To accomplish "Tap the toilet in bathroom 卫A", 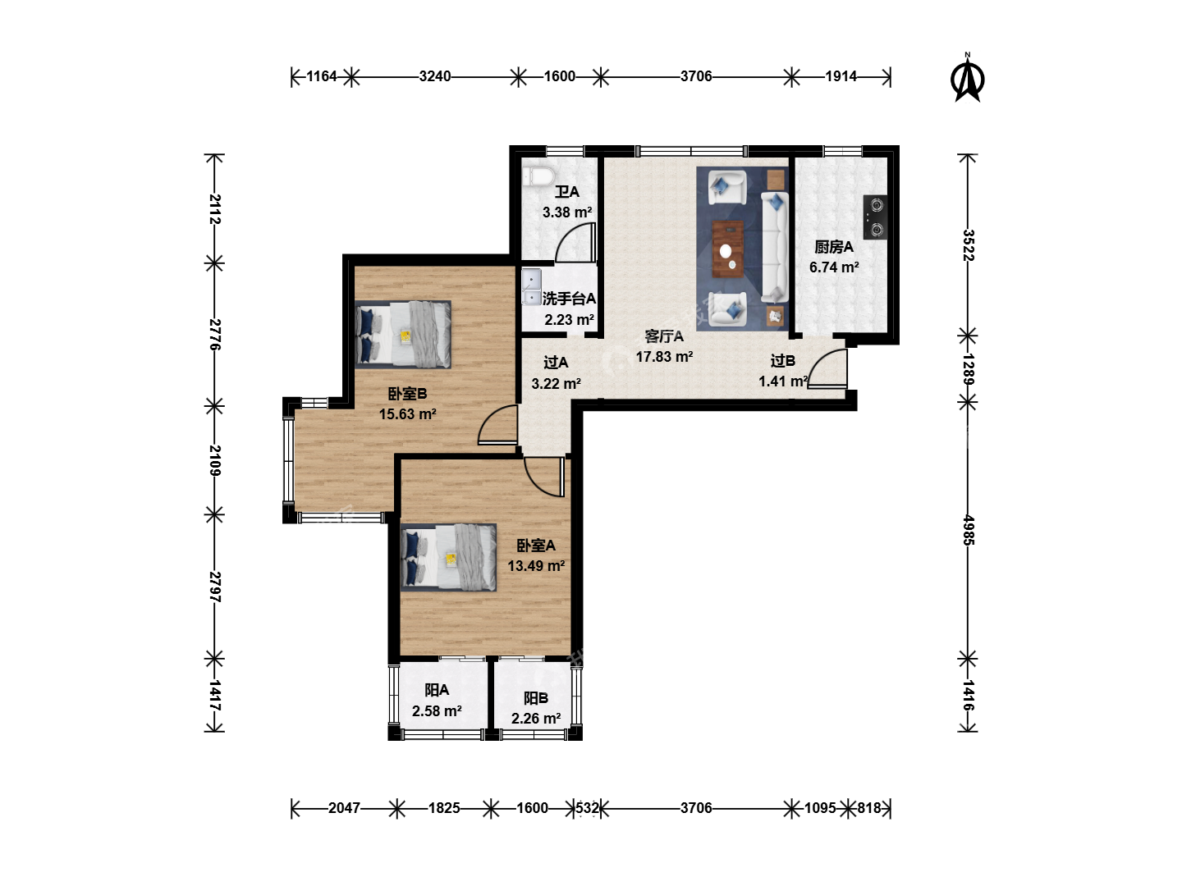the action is point(538,176).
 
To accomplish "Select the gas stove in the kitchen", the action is point(875,217).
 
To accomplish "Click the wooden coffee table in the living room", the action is point(728,249).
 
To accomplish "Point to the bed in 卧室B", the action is point(403,334).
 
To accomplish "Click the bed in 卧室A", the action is point(448,557).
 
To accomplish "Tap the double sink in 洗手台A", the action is point(532,287).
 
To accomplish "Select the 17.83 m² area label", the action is point(664,357).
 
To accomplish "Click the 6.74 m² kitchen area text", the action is point(834,267).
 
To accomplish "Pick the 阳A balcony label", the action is point(437,690).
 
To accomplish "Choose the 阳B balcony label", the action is point(536,698).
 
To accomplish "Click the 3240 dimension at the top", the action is point(434,76).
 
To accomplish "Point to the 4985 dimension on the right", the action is point(968,530).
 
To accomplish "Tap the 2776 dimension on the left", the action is point(215,334).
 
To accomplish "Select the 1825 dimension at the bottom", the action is point(444,808).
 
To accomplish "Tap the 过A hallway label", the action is point(556,363).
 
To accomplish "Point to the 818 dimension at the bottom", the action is point(868,808).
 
